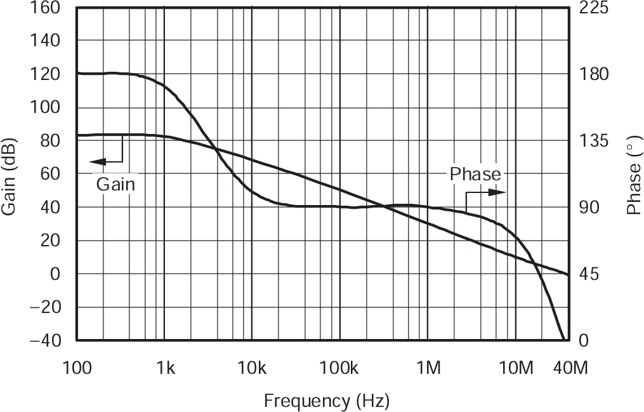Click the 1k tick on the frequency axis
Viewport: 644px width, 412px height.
tap(164, 367)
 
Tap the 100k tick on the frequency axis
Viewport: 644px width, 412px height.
tap(339, 367)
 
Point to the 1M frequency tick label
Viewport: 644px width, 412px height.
tap(428, 367)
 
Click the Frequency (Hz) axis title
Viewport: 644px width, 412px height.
tap(326, 401)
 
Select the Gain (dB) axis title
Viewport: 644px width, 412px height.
tap(11, 174)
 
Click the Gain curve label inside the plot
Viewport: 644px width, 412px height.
tap(116, 184)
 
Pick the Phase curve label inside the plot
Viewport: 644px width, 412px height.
tap(475, 173)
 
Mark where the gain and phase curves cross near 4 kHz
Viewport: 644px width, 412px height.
tap(216, 150)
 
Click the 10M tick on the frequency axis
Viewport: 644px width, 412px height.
tap(515, 367)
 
